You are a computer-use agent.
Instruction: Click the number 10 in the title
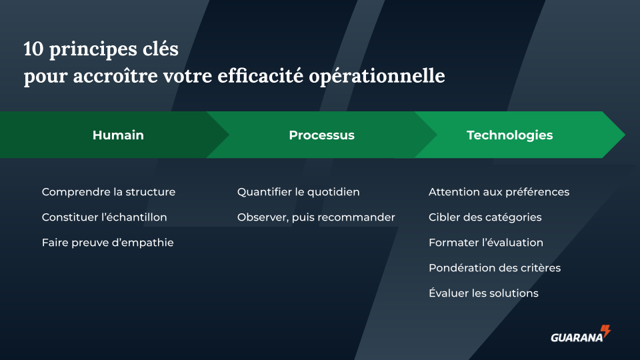point(33,49)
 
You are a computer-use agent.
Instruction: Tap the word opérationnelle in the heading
point(377,77)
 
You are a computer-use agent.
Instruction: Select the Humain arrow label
point(118,135)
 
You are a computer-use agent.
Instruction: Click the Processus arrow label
point(321,135)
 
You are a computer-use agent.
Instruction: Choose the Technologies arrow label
point(510,135)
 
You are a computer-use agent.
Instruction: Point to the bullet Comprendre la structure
point(109,192)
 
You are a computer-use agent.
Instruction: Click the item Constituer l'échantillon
point(105,217)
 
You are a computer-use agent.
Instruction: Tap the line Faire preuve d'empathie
point(108,243)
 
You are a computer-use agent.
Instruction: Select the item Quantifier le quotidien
point(299,192)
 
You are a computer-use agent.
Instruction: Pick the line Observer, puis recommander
point(316,217)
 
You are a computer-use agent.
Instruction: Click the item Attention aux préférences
point(499,192)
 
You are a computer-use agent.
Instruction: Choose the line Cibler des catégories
point(485,217)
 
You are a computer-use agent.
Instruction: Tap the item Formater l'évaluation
point(486,243)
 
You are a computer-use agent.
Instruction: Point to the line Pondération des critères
point(495,268)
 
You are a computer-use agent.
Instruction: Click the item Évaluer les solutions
point(484,293)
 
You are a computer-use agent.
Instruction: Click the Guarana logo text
point(577,337)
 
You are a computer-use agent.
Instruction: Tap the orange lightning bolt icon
point(606,331)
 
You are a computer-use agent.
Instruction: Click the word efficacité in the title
point(260,76)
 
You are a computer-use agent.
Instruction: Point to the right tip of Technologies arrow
point(625,135)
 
